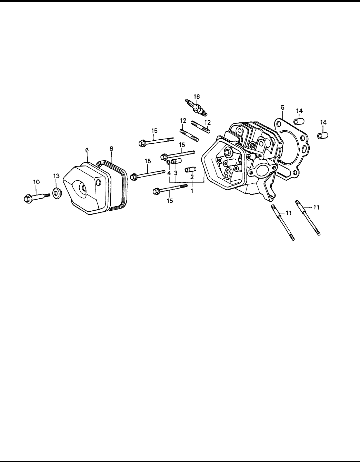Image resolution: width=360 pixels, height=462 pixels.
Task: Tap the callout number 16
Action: tap(196, 96)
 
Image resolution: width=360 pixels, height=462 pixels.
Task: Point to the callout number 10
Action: tap(36, 182)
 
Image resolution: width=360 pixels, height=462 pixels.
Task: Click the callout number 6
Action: tap(87, 150)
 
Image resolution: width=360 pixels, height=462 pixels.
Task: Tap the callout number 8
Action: tap(111, 149)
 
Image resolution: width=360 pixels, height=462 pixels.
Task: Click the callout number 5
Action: tap(282, 107)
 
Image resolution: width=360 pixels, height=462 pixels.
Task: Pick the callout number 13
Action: tap(56, 176)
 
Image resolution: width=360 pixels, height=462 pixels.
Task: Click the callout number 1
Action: tap(192, 190)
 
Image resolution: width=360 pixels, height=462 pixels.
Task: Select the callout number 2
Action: tap(192, 177)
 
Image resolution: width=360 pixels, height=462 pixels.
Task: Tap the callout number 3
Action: tap(176, 173)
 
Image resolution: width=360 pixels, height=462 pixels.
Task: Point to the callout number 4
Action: tap(169, 173)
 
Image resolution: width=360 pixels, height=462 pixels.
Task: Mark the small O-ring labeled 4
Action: tap(168, 162)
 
